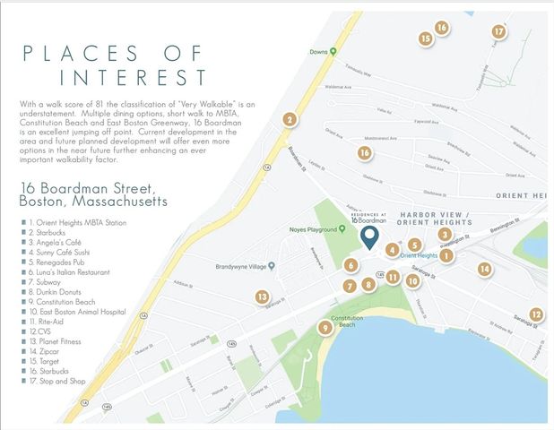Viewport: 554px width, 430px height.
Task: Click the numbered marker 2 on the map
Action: pyautogui.click(x=289, y=119)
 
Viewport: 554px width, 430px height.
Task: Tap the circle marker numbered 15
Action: pyautogui.click(x=426, y=38)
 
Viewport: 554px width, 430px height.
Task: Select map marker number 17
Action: pyautogui.click(x=499, y=31)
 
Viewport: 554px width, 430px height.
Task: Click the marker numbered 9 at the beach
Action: pyautogui.click(x=325, y=328)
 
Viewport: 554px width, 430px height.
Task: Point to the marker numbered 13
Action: pyautogui.click(x=262, y=297)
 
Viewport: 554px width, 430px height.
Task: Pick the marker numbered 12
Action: pyautogui.click(x=535, y=314)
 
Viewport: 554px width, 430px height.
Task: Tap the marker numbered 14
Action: pyautogui.click(x=484, y=268)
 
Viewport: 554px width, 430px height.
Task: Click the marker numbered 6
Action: pyautogui.click(x=351, y=265)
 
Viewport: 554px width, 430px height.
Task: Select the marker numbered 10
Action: pyautogui.click(x=412, y=280)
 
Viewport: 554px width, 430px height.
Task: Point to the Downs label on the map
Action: pyautogui.click(x=318, y=51)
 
